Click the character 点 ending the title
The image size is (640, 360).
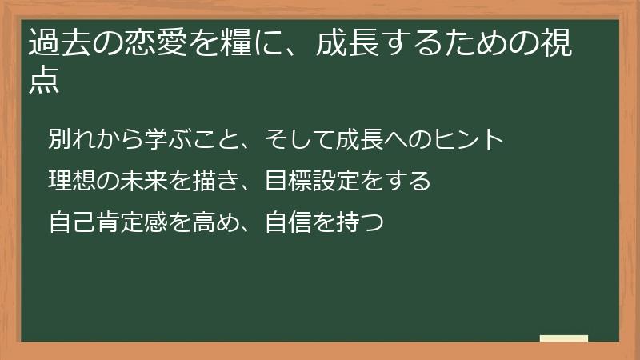click(45, 82)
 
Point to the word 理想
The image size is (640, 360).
click(70, 181)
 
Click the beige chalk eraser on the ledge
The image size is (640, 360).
click(564, 338)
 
